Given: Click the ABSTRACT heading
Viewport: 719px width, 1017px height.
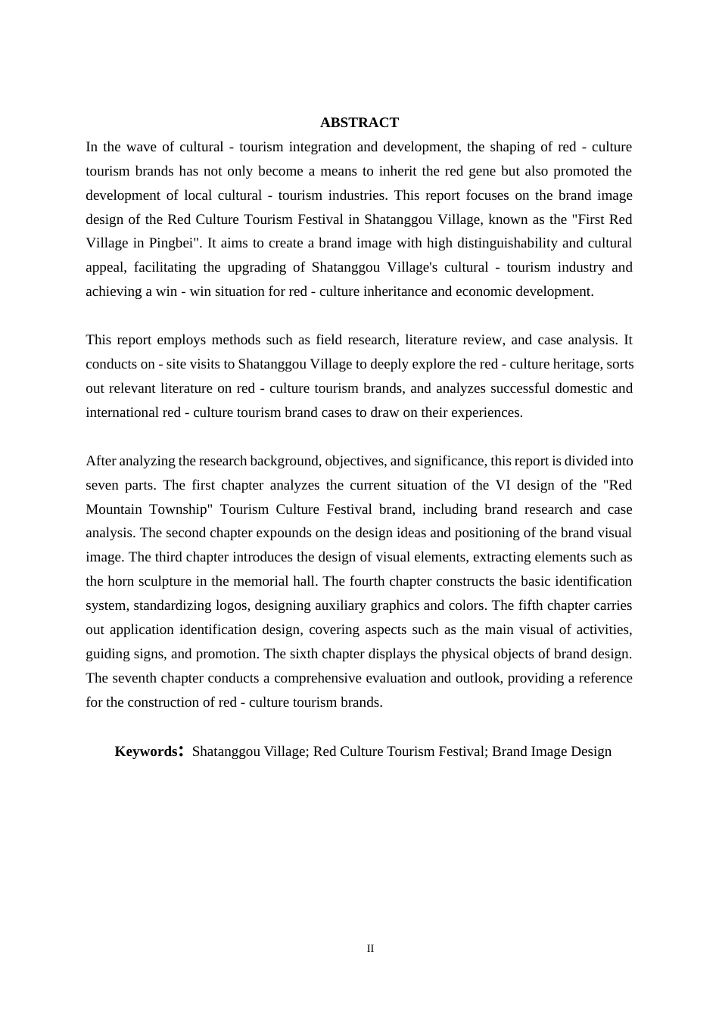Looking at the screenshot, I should click(359, 123).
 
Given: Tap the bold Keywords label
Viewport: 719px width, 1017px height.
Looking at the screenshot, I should click(146, 751).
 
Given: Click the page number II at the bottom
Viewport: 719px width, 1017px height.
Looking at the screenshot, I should click(370, 949).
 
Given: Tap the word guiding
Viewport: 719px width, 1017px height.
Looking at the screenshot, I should click(107, 654).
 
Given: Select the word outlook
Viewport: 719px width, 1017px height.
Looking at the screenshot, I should click(477, 678).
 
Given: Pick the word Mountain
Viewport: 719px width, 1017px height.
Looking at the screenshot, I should click(114, 509).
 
